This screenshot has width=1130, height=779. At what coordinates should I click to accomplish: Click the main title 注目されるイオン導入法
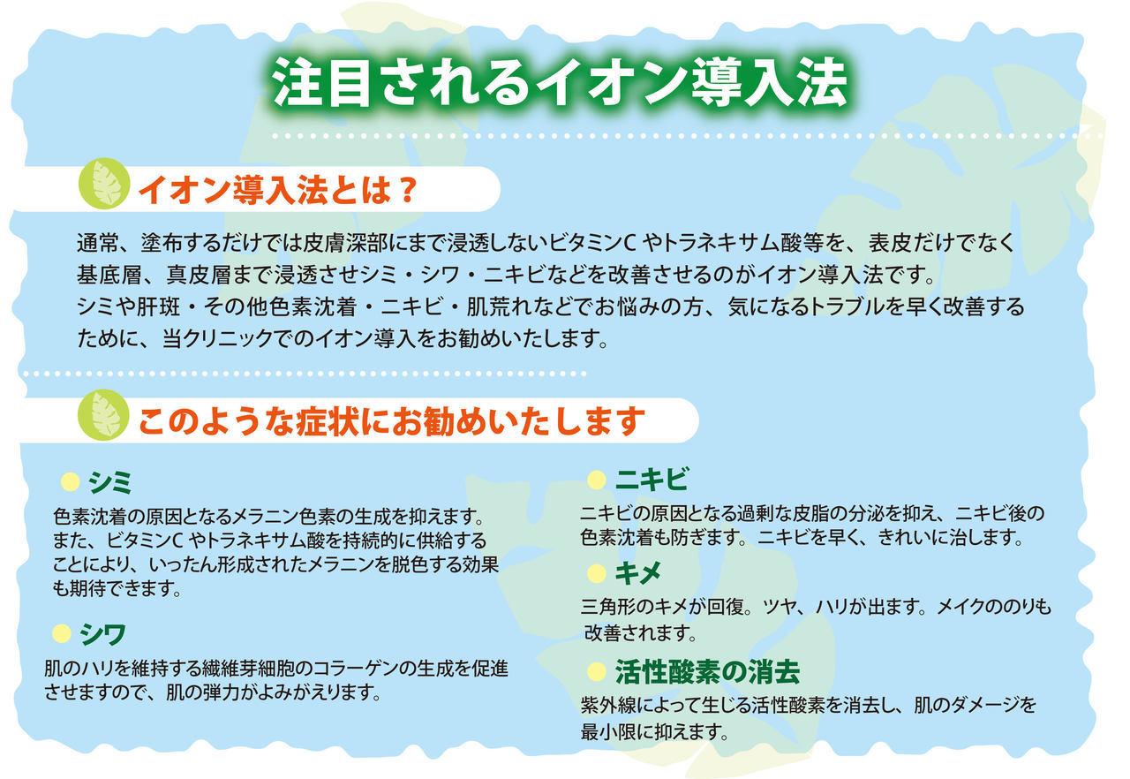(560, 83)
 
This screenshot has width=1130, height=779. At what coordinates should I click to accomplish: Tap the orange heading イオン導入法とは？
(278, 190)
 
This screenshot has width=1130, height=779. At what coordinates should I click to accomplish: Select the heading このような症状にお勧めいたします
(392, 421)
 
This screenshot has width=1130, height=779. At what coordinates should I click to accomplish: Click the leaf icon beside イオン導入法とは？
(104, 184)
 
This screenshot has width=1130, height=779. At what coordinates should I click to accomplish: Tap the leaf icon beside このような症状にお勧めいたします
(103, 415)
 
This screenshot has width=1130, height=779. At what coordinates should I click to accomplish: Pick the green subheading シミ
(110, 482)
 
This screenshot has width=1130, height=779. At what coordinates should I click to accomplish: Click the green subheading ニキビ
(652, 480)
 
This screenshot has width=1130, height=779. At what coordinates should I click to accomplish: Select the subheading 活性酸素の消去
(707, 672)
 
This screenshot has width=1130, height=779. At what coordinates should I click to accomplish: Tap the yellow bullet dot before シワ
(62, 633)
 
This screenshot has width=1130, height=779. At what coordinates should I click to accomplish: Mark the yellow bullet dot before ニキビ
(596, 480)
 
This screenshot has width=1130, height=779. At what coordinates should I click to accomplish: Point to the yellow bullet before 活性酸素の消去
(596, 671)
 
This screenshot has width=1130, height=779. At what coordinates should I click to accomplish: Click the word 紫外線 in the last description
(607, 706)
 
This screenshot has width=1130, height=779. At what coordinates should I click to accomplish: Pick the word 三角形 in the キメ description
(607, 607)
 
